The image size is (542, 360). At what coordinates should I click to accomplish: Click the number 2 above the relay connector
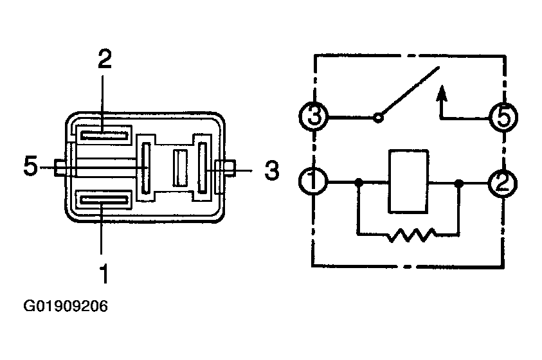(x=104, y=59)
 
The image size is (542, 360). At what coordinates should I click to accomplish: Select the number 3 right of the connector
(x=272, y=170)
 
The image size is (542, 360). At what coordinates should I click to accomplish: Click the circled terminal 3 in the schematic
(x=315, y=118)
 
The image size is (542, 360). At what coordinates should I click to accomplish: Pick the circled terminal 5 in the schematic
(x=503, y=118)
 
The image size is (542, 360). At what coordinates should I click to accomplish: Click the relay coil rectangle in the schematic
(x=408, y=182)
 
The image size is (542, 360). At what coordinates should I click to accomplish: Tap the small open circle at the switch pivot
(x=379, y=118)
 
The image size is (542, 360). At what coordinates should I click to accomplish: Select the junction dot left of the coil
(x=359, y=183)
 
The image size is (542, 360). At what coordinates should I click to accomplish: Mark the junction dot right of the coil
(x=458, y=183)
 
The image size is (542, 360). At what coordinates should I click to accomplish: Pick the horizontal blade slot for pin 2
(x=104, y=134)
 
